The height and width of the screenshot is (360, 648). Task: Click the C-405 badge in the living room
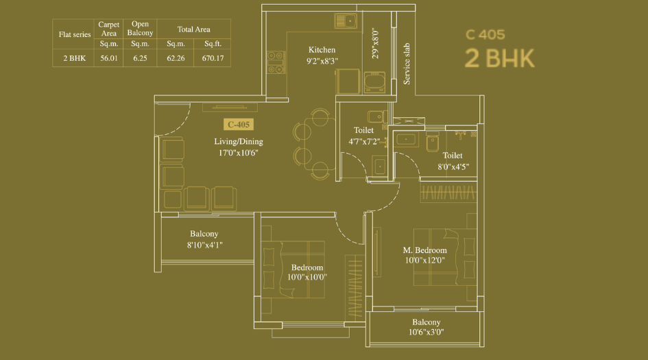239,125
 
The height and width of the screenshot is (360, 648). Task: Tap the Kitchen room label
322,50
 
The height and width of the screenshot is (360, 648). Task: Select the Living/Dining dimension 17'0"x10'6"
238,153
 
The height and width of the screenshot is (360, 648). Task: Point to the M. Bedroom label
424,250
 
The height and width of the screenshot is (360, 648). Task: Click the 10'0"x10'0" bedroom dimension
307,278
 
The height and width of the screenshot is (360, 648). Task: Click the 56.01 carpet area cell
109,58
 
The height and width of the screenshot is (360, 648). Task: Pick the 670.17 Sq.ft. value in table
213,58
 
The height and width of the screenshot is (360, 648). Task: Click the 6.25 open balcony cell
140,58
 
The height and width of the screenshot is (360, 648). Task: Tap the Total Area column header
193,29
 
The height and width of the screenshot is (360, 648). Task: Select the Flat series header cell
74,34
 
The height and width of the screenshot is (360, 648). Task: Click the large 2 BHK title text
499,59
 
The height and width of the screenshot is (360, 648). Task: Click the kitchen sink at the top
347,21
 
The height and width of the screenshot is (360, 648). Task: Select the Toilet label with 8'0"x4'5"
453,156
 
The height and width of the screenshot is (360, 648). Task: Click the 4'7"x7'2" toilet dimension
363,142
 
